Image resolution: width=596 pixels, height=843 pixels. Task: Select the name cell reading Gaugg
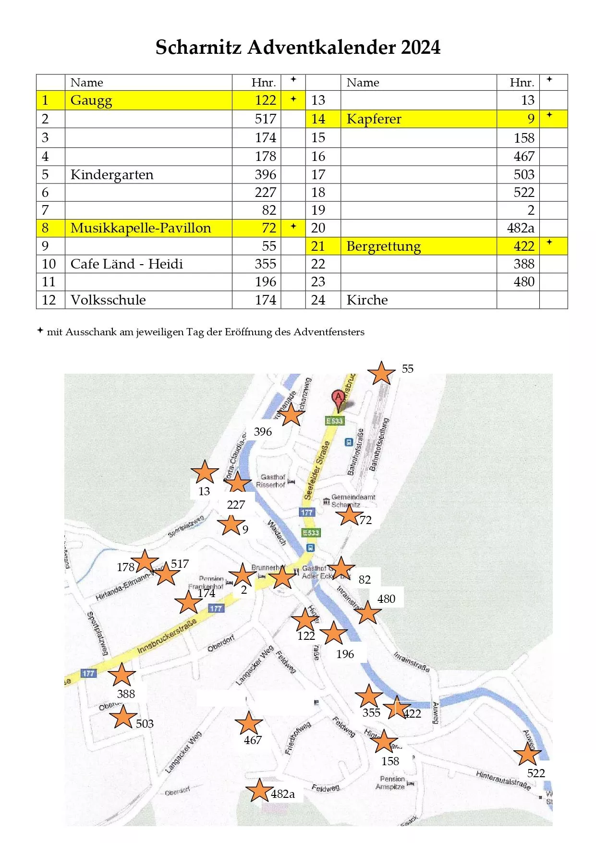click(91, 100)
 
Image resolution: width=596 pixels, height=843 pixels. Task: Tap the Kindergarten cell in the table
click(112, 175)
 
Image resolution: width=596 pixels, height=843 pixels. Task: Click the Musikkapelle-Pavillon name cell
click(141, 228)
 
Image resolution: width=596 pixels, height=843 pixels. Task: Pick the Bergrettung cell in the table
click(383, 246)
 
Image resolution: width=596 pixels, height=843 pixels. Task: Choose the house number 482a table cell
click(520, 228)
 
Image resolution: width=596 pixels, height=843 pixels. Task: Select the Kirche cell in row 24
click(367, 300)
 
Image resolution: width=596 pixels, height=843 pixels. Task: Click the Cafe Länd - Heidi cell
click(127, 264)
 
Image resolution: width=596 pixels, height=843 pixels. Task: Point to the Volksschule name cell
click(108, 300)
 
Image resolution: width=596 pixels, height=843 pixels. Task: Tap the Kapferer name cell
click(374, 119)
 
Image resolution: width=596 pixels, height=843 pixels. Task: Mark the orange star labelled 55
click(381, 373)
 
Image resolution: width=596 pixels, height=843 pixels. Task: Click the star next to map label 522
click(527, 754)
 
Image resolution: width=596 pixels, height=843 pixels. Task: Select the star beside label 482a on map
click(259, 790)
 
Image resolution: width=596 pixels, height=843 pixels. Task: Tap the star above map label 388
click(122, 675)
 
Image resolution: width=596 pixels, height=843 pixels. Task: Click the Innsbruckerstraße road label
click(167, 636)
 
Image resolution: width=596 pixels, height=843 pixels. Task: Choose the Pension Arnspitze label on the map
click(392, 782)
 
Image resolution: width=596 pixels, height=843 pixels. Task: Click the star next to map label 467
click(248, 723)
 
